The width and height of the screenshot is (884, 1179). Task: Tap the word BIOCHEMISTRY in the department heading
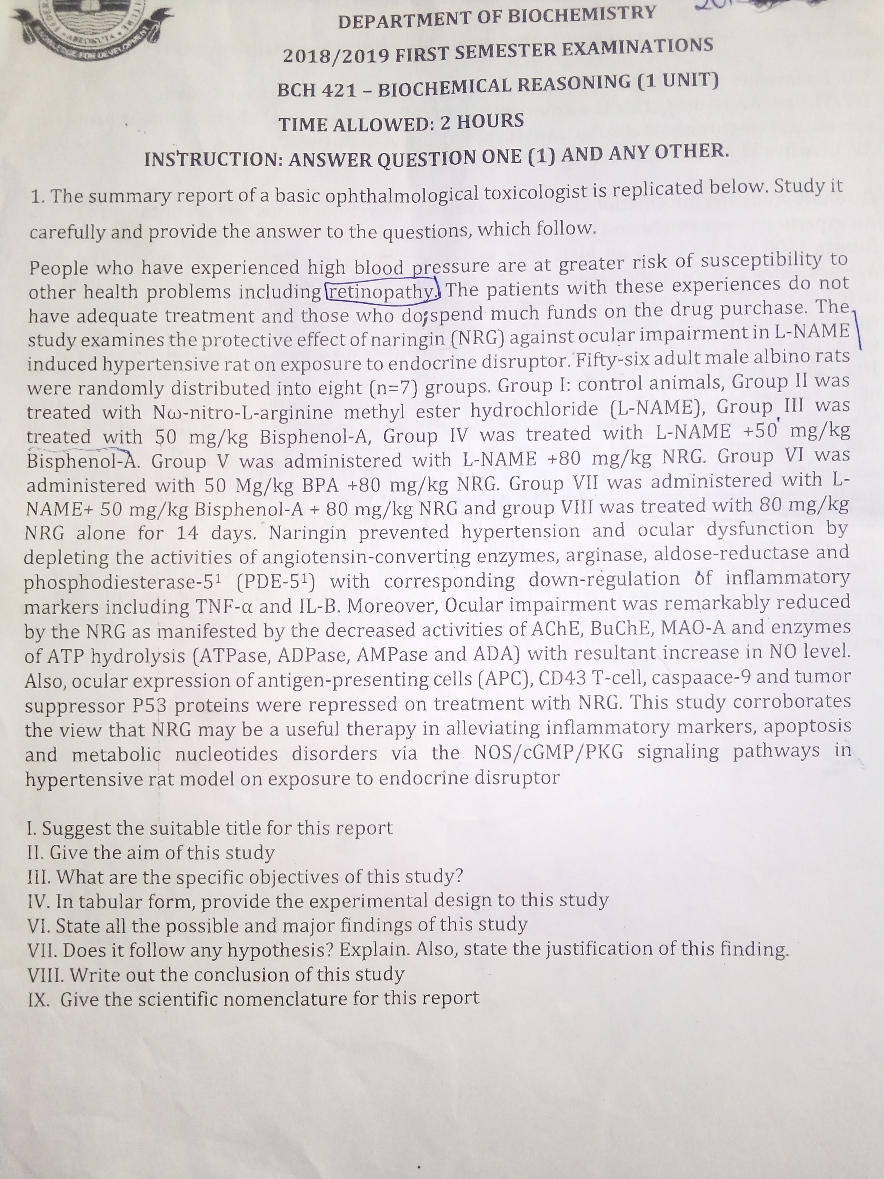point(581,16)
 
